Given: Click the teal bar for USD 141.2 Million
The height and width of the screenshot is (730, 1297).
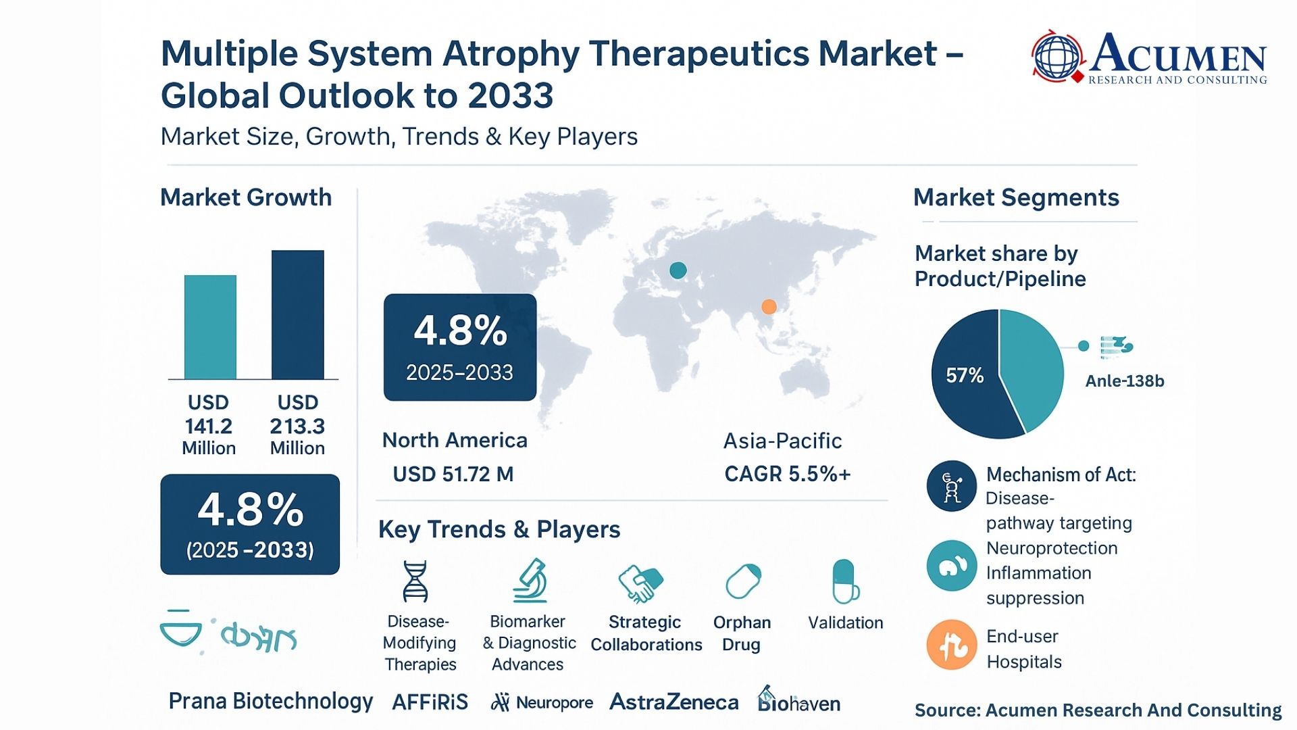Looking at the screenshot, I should (x=210, y=327).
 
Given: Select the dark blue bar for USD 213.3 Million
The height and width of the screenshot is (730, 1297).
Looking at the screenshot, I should (x=297, y=315).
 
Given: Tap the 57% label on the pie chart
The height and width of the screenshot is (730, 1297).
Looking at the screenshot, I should (x=964, y=375).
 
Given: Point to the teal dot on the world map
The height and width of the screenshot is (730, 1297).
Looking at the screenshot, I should (x=678, y=270).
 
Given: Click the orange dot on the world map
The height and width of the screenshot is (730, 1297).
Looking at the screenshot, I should (x=769, y=307).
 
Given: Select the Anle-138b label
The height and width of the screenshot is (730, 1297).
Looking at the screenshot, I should (x=1124, y=381).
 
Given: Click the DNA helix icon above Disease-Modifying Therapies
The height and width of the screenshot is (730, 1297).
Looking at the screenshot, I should (x=415, y=581).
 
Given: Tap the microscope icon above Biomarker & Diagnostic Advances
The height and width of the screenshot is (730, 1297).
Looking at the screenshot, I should (x=530, y=581).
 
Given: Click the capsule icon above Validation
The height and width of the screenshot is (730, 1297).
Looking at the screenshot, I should (x=844, y=581).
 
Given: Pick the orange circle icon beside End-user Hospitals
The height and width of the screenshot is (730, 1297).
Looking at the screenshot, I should (x=951, y=645).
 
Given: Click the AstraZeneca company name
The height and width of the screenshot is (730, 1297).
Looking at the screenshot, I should (x=673, y=702).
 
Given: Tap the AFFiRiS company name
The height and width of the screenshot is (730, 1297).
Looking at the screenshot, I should (x=430, y=702).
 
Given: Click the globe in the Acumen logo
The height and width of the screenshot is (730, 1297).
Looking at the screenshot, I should (x=1057, y=57).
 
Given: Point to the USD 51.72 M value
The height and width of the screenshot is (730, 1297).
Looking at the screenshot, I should (x=453, y=474).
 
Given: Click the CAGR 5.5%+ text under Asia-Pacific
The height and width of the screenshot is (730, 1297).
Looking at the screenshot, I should (x=787, y=474).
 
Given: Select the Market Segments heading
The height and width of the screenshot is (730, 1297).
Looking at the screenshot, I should (x=1016, y=197).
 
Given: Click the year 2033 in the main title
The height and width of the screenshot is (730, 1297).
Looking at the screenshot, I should (x=511, y=95).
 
